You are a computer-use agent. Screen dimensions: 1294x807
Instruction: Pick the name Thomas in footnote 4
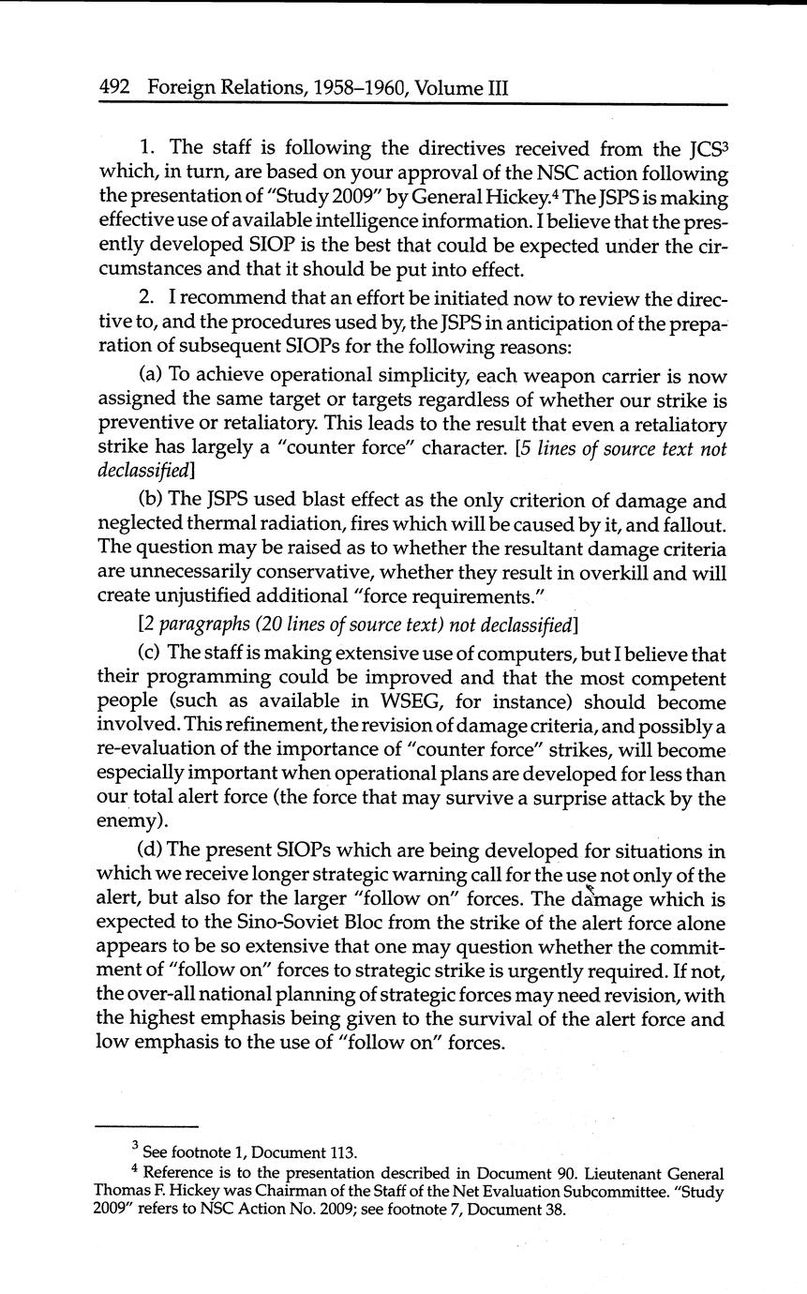[x=123, y=1191]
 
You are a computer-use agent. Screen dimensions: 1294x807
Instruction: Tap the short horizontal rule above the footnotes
[x=147, y=1126]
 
